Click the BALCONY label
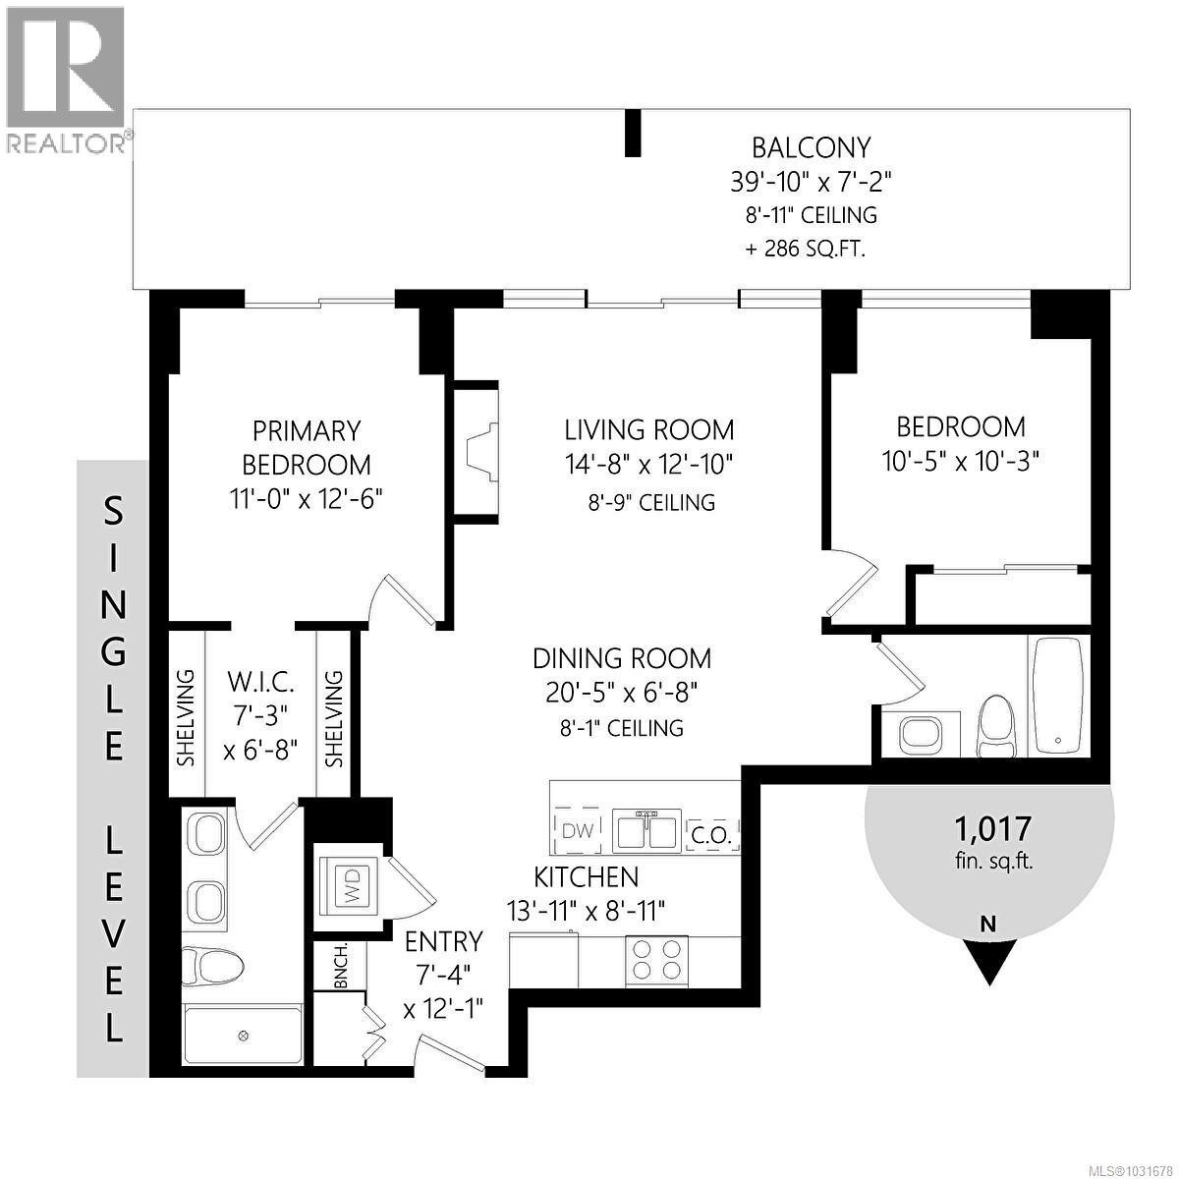[x=811, y=147]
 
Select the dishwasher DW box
[x=579, y=830]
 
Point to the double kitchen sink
[x=646, y=830]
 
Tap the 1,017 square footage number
[x=992, y=830]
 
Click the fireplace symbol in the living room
[x=481, y=449]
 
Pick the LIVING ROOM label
[x=648, y=429]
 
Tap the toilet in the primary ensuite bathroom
[x=210, y=966]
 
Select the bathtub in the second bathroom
[x=1057, y=696]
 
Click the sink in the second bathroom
[x=921, y=733]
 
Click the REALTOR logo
[x=66, y=79]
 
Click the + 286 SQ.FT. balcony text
[x=806, y=249]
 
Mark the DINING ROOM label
[x=622, y=657]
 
